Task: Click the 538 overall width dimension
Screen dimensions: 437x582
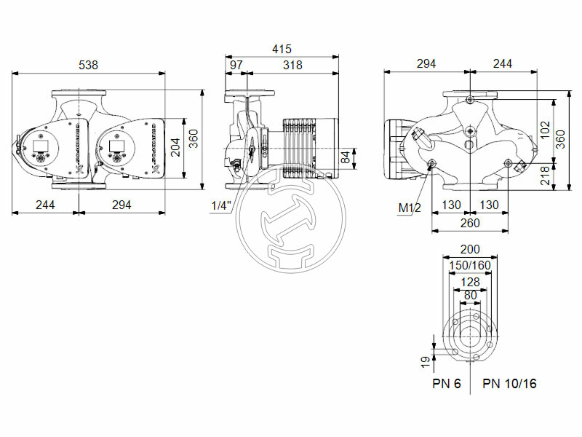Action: pos(88,64)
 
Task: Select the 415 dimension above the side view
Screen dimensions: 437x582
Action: pos(282,50)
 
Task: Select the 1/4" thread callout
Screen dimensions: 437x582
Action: pos(220,206)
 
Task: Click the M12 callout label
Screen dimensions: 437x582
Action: pos(410,208)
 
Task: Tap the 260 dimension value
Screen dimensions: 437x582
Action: pos(469,223)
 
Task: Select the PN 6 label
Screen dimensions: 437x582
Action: pos(447,383)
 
